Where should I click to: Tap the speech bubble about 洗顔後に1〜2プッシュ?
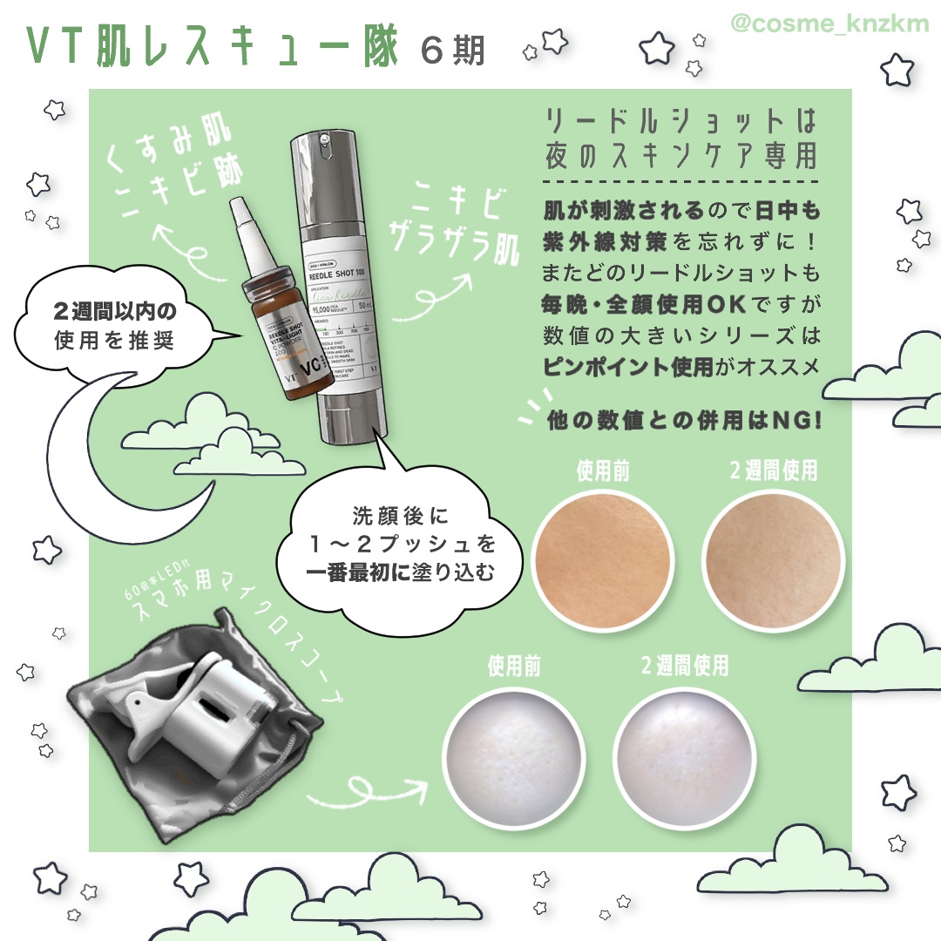point(400,545)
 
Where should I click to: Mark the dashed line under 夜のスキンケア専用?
point(680,182)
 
